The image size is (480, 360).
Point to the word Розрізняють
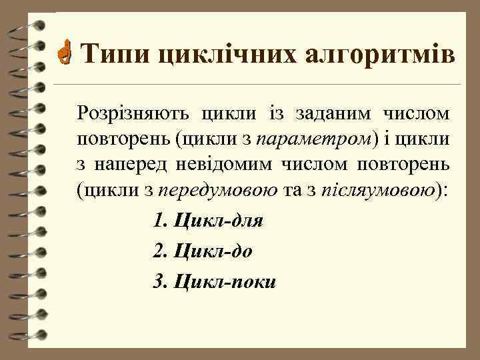pyautogui.click(x=133, y=114)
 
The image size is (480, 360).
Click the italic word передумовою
pyautogui.click(x=220, y=191)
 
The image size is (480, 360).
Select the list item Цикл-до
pyautogui.click(x=213, y=251)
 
